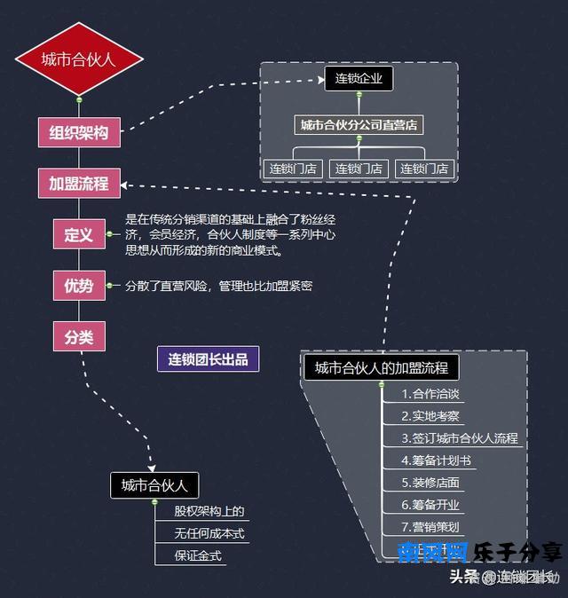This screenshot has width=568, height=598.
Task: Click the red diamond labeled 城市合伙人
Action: pos(79,59)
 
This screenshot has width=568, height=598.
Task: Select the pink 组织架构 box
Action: pos(79,133)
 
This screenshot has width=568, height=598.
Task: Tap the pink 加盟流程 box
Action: pos(79,184)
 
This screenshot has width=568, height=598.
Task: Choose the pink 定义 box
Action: pos(79,235)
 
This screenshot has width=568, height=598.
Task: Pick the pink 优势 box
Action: pos(79,286)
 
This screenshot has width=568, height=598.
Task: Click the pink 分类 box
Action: pos(79,337)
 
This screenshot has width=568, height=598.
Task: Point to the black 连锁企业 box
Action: pos(359,79)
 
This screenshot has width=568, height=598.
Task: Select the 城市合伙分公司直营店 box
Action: pos(359,125)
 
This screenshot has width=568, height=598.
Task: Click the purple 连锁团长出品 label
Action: pos(208,358)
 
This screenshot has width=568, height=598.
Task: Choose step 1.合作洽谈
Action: pos(430,394)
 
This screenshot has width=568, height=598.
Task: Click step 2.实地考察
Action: pos(430,416)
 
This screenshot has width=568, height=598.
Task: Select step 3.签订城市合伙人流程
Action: pos(460,438)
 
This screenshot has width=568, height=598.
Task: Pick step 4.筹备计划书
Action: pos(436,460)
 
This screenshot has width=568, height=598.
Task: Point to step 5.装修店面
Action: pos(430,483)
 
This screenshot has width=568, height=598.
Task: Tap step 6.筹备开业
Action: pos(430,505)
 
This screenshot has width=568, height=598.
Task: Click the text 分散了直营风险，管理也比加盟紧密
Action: pos(218,286)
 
